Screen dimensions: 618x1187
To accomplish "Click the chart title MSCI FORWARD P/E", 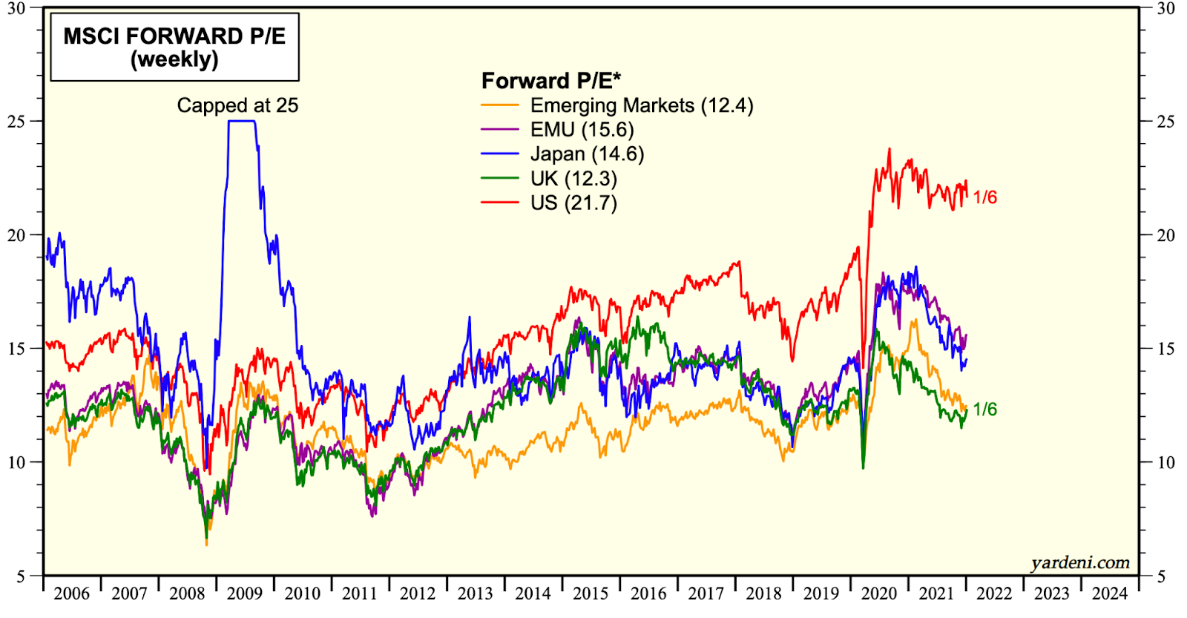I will tap(174, 36).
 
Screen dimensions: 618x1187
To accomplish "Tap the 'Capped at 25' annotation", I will tap(237, 105).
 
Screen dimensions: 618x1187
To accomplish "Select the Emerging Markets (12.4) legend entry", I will tap(641, 105).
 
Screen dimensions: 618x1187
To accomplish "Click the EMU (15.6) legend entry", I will tap(582, 130).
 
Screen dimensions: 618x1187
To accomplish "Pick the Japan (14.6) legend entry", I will tap(586, 154).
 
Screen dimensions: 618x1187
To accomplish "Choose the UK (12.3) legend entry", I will tap(573, 179).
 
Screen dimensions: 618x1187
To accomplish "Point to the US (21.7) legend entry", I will tap(573, 203).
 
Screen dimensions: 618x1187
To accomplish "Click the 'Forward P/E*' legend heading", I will tap(551, 81).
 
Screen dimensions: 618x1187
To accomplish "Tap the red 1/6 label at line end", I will tap(984, 197).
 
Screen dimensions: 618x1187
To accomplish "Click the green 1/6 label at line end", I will tap(984, 410).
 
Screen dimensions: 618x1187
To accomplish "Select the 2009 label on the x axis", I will tap(245, 594).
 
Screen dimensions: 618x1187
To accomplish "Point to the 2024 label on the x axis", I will tap(1109, 594).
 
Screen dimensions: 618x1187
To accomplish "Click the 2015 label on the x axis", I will tap(591, 594).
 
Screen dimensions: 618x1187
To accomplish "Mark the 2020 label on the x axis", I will tap(878, 594).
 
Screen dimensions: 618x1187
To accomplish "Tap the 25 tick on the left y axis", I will tap(16, 122).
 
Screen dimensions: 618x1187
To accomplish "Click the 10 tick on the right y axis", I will tap(1166, 462).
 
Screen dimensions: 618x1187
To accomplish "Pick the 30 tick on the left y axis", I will tap(16, 9).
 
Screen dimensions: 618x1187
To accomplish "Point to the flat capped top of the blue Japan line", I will tap(242, 121).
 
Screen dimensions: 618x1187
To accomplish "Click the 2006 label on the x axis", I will tap(72, 594).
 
